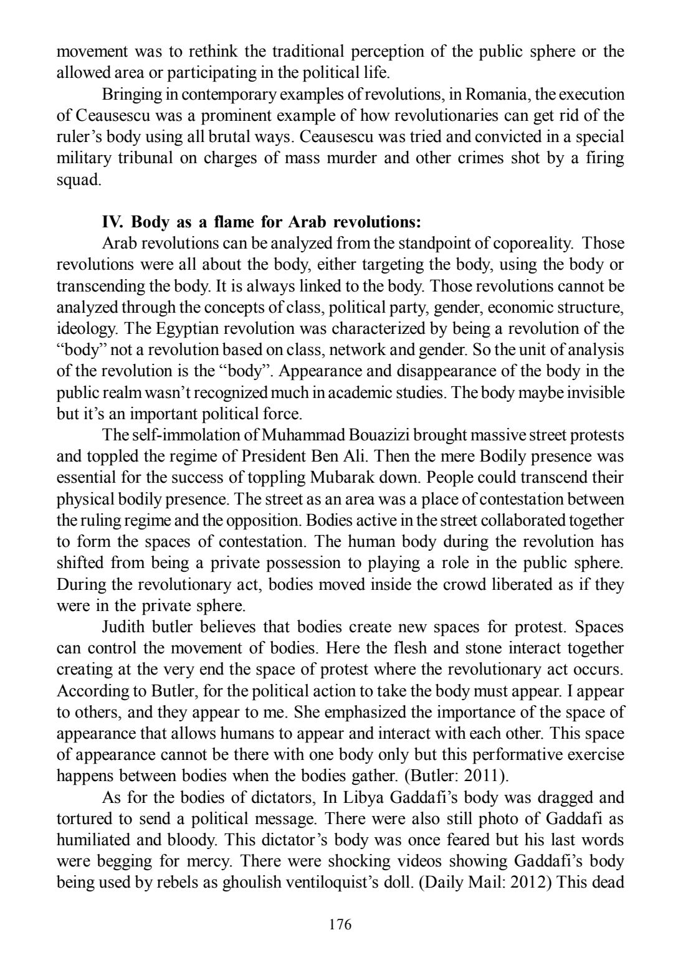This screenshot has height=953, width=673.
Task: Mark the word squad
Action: [x=78, y=179]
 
